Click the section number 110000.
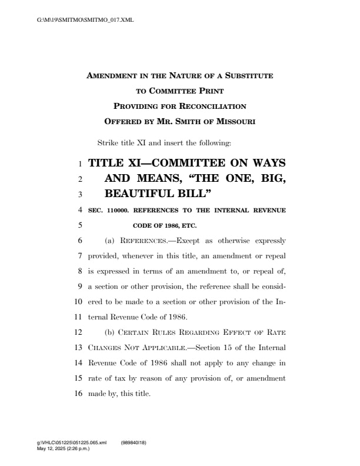click(x=120, y=209)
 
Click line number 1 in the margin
click(x=81, y=163)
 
